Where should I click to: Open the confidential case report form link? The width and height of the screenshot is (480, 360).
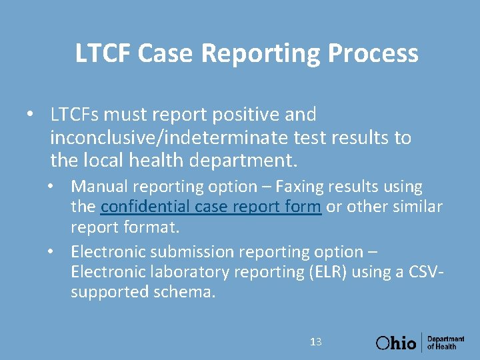point(211,207)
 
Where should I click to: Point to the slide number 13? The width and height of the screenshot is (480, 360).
point(316,342)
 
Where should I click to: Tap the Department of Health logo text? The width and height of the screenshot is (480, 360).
point(446,343)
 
